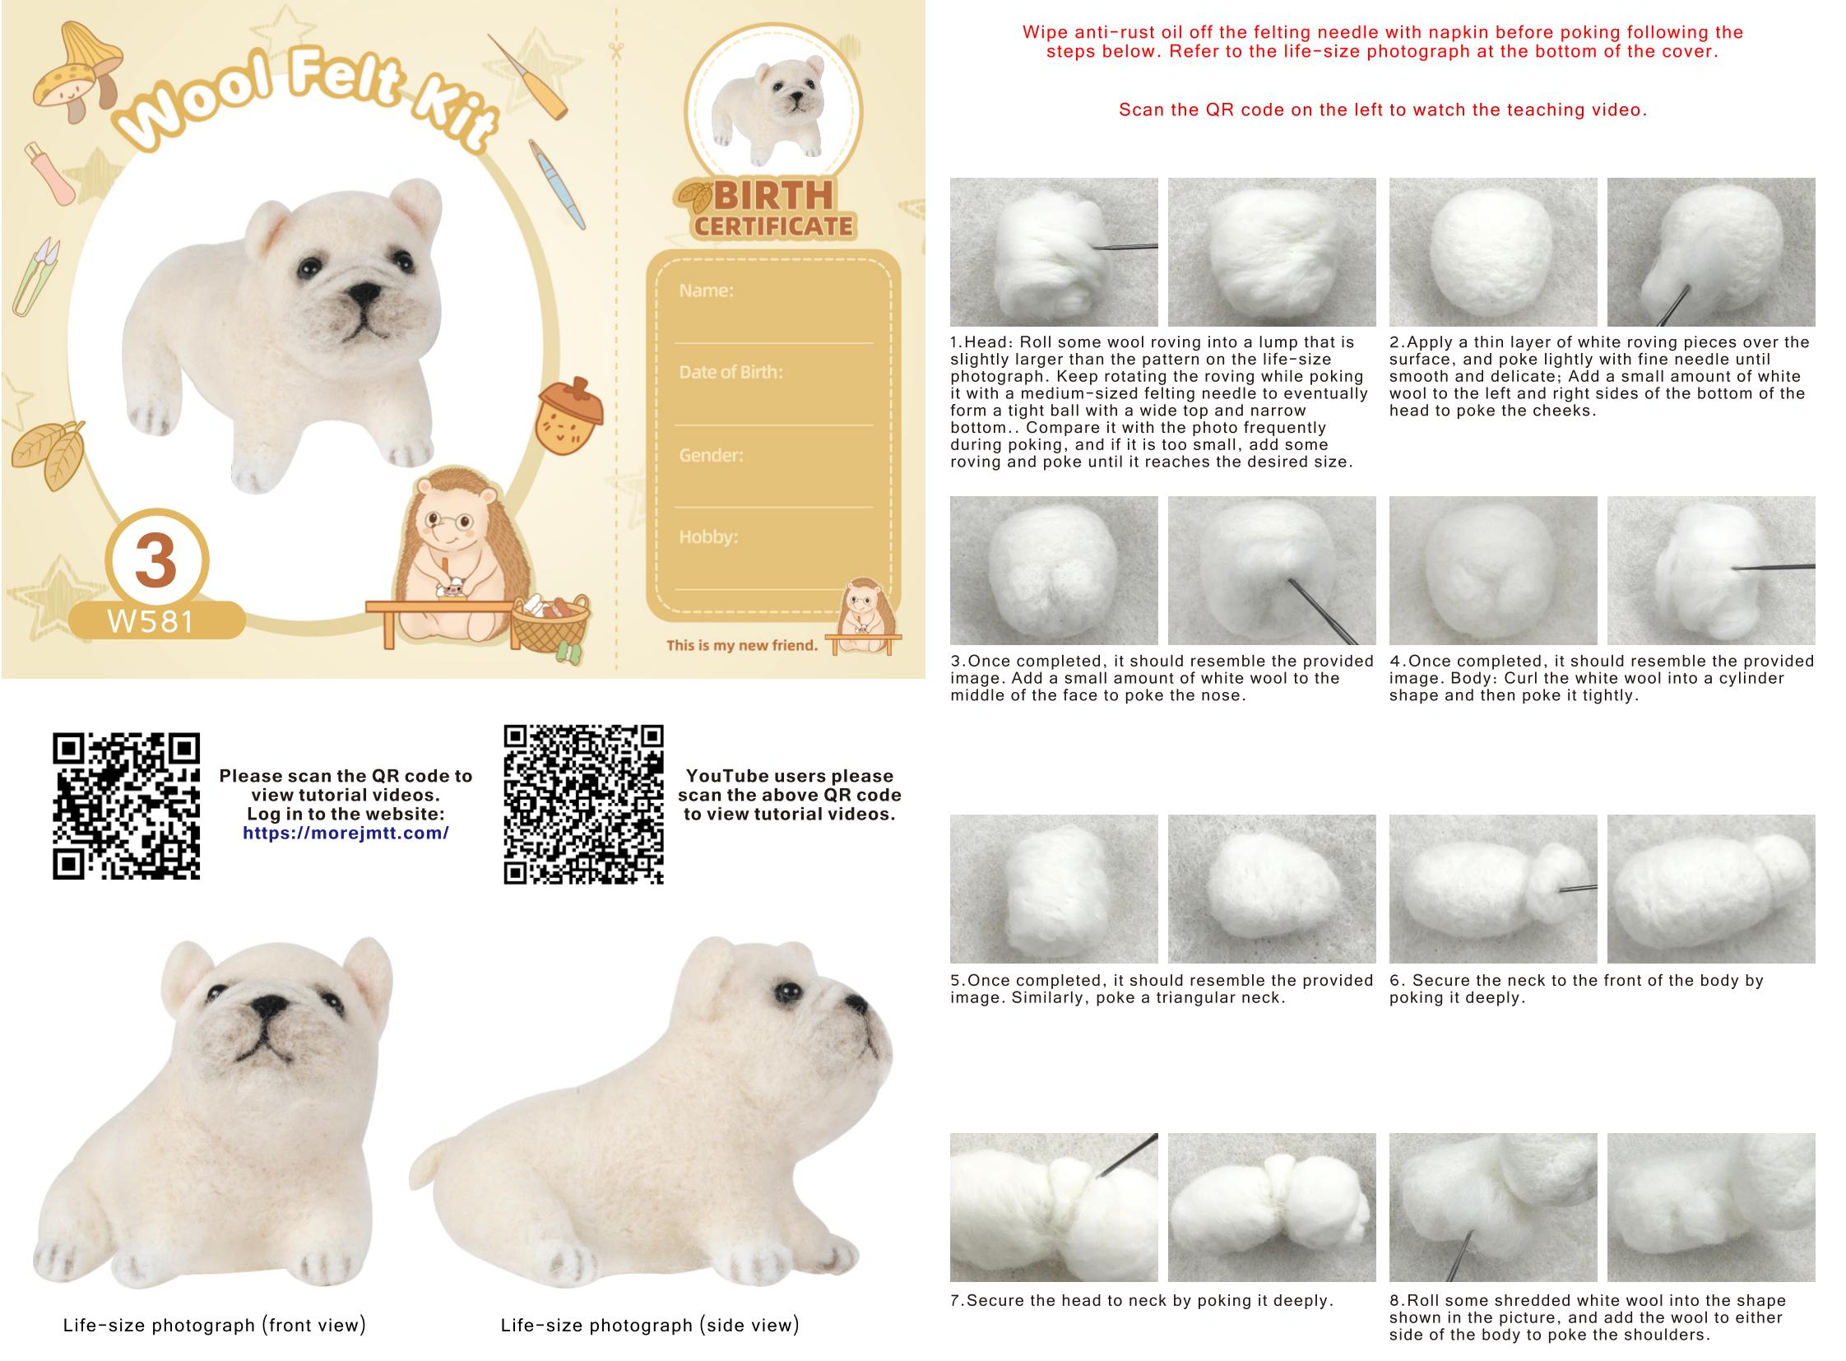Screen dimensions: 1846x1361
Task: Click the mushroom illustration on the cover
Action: pos(78,72)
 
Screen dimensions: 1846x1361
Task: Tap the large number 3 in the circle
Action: pos(155,560)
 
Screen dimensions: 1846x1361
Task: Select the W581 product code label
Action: pos(151,621)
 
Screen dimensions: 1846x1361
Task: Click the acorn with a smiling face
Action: pos(569,417)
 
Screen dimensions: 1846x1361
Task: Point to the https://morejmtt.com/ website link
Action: pos(346,833)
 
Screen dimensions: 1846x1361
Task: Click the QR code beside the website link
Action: pos(126,806)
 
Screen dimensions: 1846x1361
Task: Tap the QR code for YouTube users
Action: pos(583,805)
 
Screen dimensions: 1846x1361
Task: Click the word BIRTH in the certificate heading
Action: pos(773,196)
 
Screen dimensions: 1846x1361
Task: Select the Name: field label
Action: pos(706,290)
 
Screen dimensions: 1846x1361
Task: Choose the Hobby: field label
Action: pos(708,537)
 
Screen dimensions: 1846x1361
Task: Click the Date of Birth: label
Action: pos(731,373)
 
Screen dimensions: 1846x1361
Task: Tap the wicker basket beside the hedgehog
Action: pos(550,624)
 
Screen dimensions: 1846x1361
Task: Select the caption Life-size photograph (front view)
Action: pos(214,1326)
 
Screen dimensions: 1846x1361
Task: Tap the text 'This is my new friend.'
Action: pos(742,645)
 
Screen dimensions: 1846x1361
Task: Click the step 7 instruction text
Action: pos(1142,1301)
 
